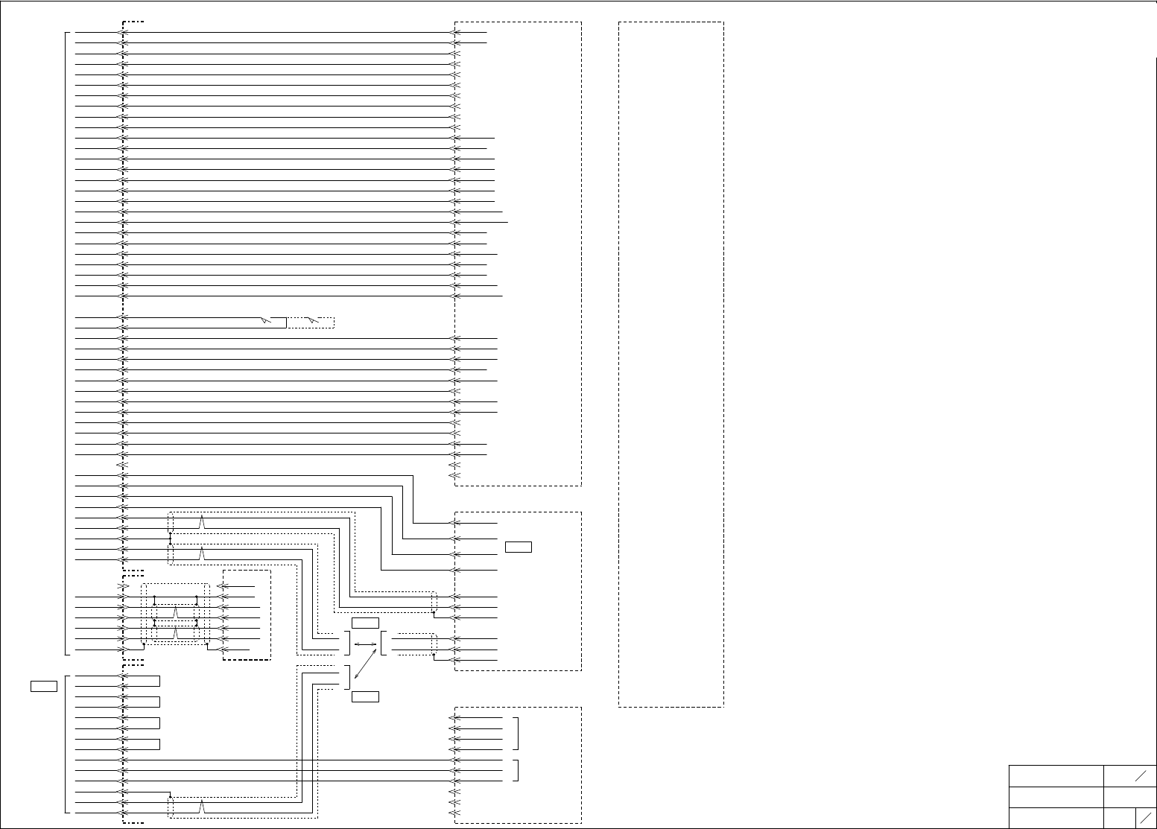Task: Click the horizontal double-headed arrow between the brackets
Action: pyautogui.click(x=365, y=644)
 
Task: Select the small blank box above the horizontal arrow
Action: pyautogui.click(x=365, y=623)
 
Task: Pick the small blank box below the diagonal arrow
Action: pyautogui.click(x=365, y=697)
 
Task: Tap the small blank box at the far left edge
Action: pyautogui.click(x=44, y=686)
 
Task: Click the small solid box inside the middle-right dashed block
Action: pyautogui.click(x=518, y=547)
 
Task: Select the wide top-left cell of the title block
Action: pyautogui.click(x=1056, y=775)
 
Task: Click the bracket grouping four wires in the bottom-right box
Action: pyautogui.click(x=516, y=734)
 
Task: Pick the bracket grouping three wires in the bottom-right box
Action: pyautogui.click(x=516, y=770)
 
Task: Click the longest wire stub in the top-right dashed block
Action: pyautogui.click(x=482, y=222)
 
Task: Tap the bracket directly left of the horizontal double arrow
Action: pyautogui.click(x=348, y=644)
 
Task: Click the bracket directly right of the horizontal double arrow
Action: pyautogui.click(x=382, y=644)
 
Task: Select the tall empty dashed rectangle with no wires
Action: pyautogui.click(x=671, y=364)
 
